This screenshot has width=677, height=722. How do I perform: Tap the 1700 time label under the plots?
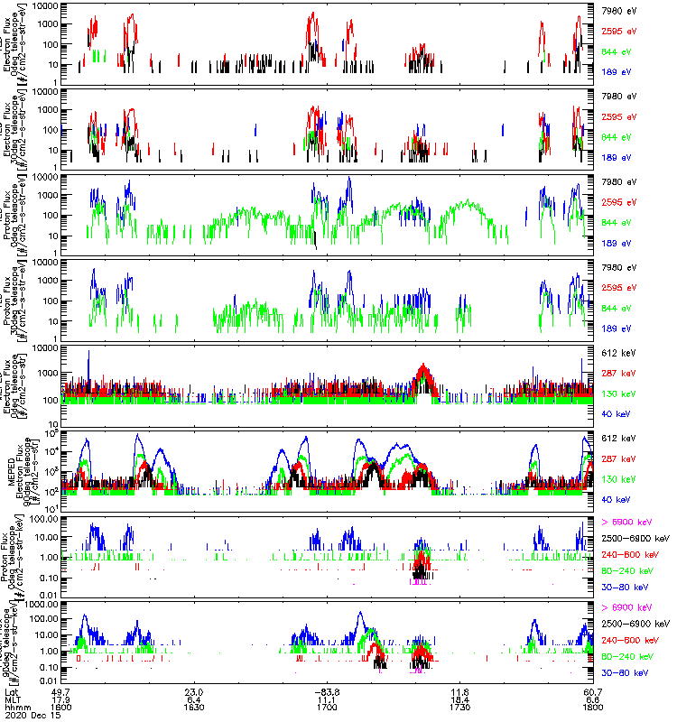[327, 708]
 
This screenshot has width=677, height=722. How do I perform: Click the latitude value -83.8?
[327, 691]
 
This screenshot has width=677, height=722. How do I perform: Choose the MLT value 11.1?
[327, 699]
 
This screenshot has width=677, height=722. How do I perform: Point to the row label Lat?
[11, 691]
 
